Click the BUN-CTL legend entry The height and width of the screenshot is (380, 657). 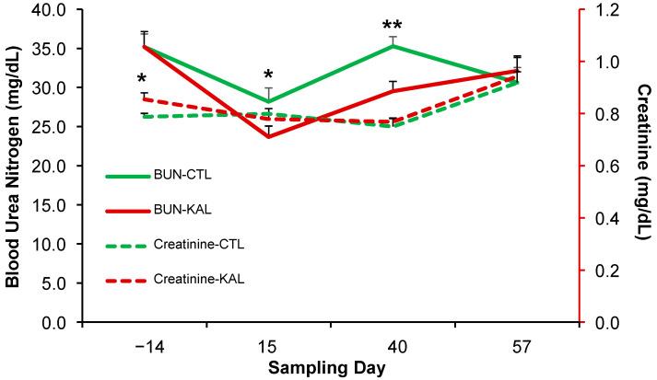point(197,174)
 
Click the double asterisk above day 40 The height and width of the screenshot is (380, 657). point(393,27)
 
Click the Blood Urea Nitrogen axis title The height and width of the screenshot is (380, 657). point(13,166)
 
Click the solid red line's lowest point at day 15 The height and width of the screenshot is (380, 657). point(269,137)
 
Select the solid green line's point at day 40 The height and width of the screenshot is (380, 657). point(393,45)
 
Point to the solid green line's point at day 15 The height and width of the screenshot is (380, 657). point(269,101)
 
